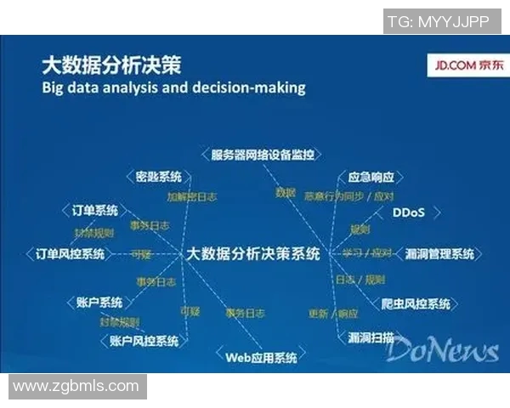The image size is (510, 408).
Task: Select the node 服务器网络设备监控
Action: coord(262,155)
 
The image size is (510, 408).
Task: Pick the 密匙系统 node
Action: coord(159,177)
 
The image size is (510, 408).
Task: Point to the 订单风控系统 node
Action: coord(70,253)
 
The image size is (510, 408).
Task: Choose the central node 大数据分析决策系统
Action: coord(252,253)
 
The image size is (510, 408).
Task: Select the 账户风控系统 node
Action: coord(144,340)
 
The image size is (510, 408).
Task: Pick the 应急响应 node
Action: coord(371,178)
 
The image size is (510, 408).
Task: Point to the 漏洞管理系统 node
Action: coord(439,253)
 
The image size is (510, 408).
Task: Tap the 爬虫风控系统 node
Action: coord(416,303)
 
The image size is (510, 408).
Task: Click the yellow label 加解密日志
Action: coord(191,196)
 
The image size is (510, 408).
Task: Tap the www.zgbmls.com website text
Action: coord(76,386)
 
